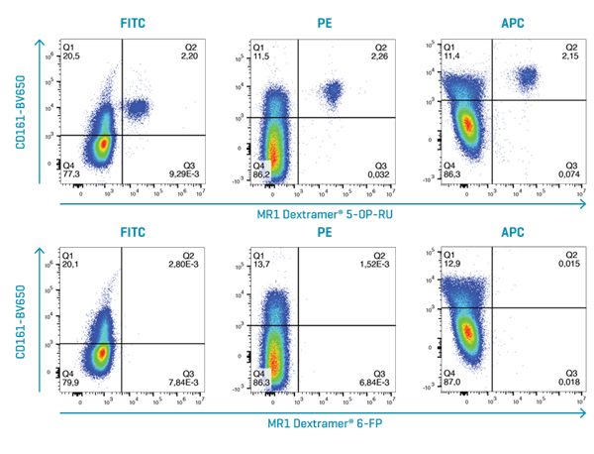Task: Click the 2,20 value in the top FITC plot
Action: click(x=191, y=57)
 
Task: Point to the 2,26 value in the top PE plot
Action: click(x=381, y=57)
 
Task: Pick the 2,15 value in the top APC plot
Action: click(x=570, y=57)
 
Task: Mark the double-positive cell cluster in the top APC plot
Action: click(x=527, y=76)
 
